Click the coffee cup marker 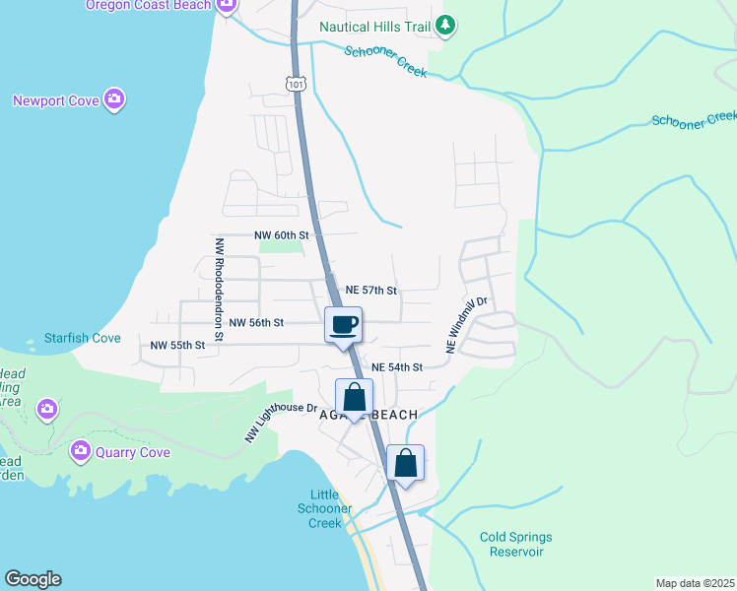(343, 324)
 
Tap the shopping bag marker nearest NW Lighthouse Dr (355, 398)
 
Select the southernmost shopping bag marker (405, 463)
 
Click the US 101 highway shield (298, 85)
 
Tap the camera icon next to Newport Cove (115, 98)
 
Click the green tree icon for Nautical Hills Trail (445, 26)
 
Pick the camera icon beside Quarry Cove (80, 452)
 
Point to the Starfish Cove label (83, 338)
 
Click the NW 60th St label (282, 235)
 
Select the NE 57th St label (371, 291)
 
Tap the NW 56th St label (256, 322)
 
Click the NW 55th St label (177, 345)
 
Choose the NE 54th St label (397, 366)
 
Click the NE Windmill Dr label (467, 325)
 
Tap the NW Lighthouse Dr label (281, 421)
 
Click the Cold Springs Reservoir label (516, 544)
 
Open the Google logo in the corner (33, 579)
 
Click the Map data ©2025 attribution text (695, 583)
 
